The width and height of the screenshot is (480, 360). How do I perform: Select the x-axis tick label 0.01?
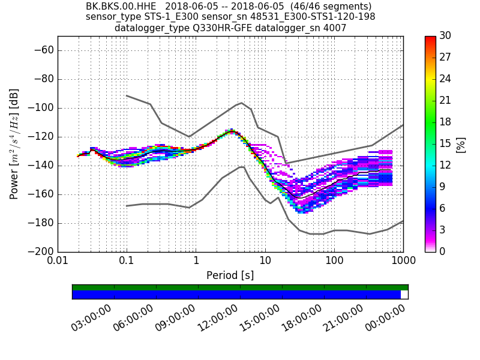[58, 262]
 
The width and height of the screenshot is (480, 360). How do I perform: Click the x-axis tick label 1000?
[403, 262]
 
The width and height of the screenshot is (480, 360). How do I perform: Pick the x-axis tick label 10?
[265, 262]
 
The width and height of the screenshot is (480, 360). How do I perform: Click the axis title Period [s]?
[230, 275]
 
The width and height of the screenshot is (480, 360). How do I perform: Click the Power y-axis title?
[14, 144]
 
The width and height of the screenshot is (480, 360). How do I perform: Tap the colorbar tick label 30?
[445, 36]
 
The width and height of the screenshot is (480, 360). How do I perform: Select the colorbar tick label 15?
[445, 143]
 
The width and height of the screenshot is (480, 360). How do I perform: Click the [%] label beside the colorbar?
[461, 145]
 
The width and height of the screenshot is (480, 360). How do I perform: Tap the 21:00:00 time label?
[343, 317]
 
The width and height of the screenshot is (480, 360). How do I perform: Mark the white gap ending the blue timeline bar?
[404, 295]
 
